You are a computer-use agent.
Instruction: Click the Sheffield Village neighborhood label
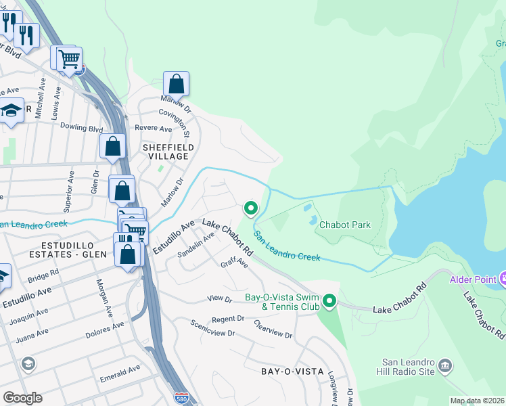168,152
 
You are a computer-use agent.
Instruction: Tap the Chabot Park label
345,225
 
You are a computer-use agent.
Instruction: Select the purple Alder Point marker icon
503,278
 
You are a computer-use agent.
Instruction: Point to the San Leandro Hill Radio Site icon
445,366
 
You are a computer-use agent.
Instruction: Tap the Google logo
22,398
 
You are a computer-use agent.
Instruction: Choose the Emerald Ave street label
120,371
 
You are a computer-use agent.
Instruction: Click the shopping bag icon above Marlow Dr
176,85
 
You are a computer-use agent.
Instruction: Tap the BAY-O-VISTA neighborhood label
291,371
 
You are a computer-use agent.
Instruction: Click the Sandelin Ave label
195,244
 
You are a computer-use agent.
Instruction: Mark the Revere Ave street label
154,129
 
